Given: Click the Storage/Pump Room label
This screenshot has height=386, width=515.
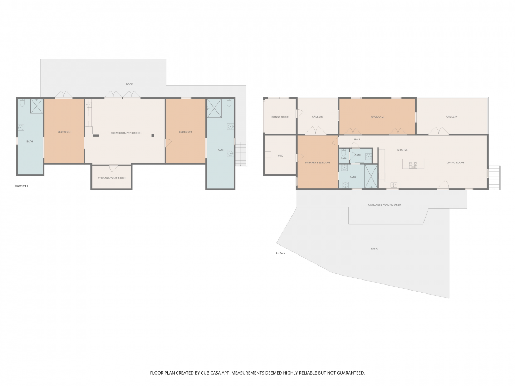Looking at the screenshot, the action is click(x=112, y=178).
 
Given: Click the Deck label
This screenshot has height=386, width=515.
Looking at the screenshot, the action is click(x=129, y=84).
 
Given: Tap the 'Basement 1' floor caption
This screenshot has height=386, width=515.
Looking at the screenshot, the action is click(x=21, y=186).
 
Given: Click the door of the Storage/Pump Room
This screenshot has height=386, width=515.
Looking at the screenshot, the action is click(x=113, y=168).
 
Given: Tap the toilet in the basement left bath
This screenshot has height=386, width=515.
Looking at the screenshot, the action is click(x=22, y=103).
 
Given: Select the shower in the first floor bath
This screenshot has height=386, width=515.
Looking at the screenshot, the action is click(x=371, y=176).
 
